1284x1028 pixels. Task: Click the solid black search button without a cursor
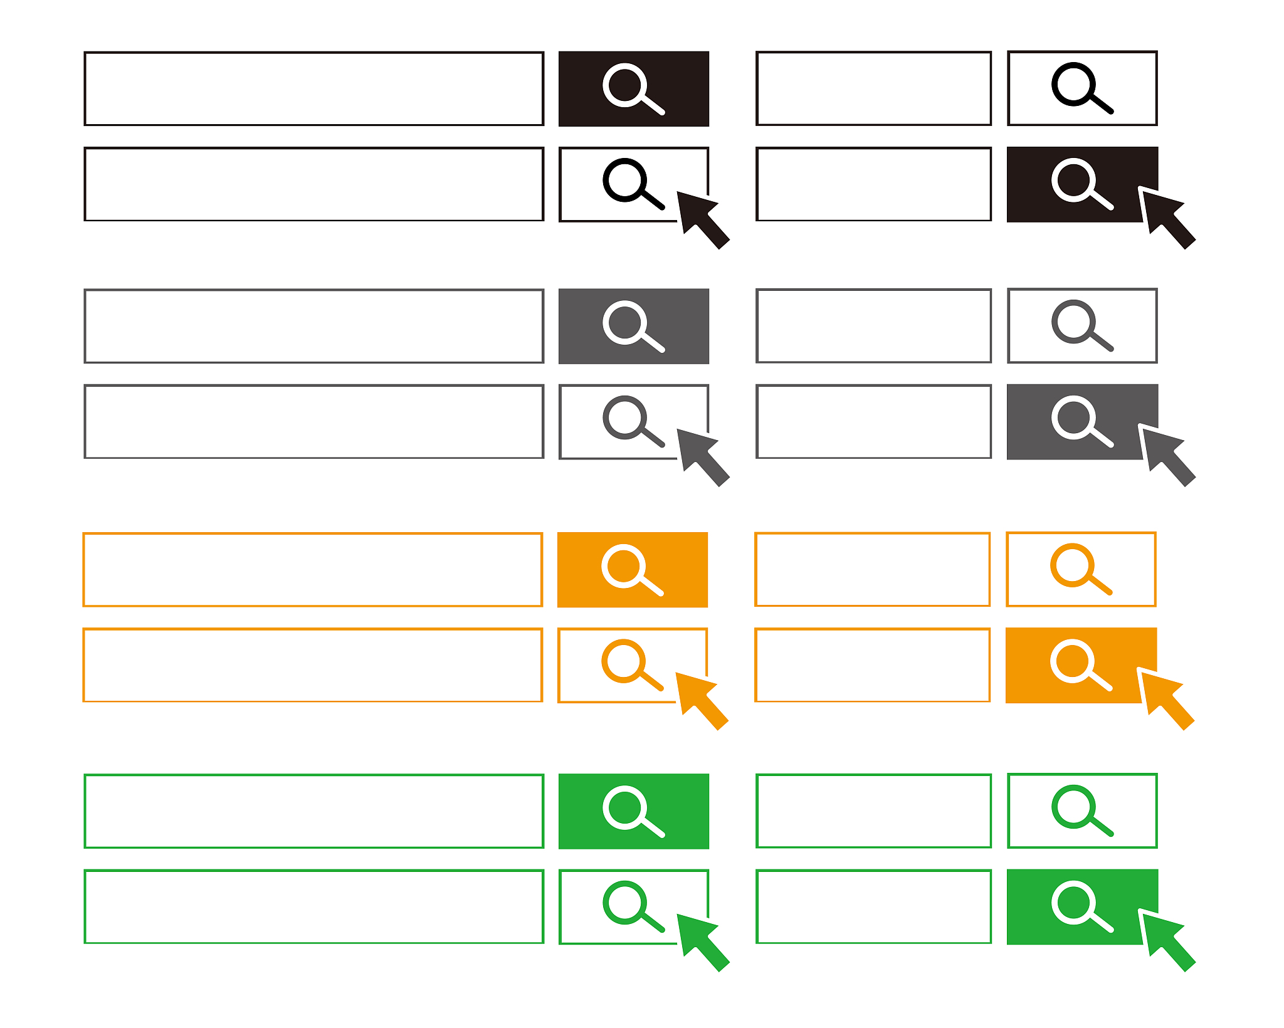633,89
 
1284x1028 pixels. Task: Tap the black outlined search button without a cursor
1081,88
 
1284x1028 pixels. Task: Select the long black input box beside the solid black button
313,89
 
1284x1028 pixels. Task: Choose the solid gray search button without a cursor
633,326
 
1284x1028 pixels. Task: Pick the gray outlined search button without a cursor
1081,326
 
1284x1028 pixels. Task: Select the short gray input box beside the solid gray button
873,421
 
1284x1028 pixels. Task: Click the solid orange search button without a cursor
632,570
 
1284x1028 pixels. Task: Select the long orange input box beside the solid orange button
312,570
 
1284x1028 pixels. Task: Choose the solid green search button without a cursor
633,811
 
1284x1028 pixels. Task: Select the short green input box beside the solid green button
873,906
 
